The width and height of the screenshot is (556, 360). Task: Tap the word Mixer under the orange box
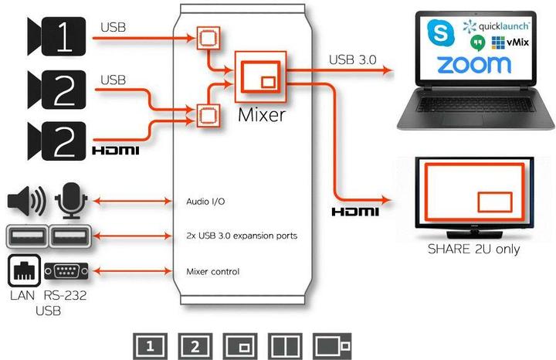click(x=263, y=116)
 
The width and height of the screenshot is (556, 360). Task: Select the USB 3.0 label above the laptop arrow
click(x=354, y=59)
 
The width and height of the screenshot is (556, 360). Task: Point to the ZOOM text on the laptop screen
click(x=473, y=65)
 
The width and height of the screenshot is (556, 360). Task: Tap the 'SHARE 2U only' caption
click(x=473, y=250)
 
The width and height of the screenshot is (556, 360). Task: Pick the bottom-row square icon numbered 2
click(x=194, y=345)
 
